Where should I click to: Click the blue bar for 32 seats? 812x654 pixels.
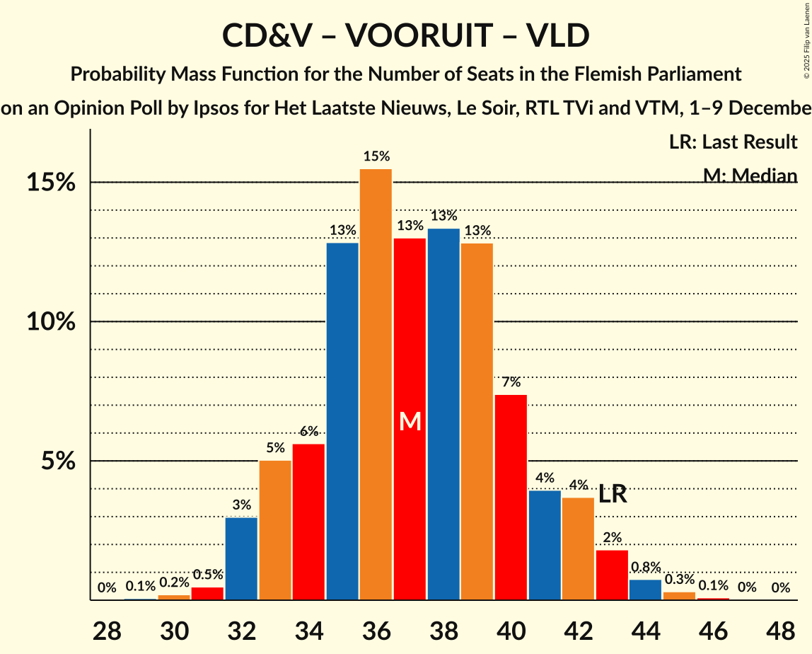point(241,558)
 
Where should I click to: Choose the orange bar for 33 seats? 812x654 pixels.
point(275,530)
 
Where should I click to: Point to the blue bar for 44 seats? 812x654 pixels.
point(645,590)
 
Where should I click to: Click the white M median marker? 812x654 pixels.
point(410,422)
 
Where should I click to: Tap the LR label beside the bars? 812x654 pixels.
point(613,494)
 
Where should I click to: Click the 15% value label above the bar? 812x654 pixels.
point(376,156)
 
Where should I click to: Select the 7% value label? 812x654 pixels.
point(511,382)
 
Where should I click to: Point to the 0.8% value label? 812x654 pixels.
point(646,567)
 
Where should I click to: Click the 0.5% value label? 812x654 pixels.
point(208,575)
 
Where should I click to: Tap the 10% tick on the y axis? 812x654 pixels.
point(52,322)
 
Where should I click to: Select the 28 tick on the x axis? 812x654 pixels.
point(107,628)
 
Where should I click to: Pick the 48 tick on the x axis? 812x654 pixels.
point(781,628)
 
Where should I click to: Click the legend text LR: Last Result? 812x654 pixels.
point(733,142)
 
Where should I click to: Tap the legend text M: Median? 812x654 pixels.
point(750,176)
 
